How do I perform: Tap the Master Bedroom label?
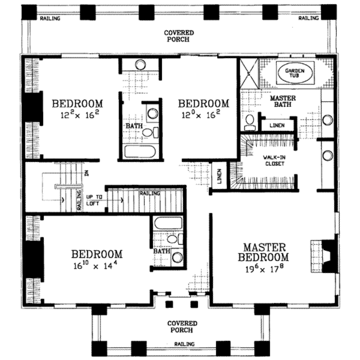tap(263, 252)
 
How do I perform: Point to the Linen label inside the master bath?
tap(277, 126)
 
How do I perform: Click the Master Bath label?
tap(283, 101)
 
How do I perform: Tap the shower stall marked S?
tap(248, 73)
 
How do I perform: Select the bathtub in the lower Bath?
tap(168, 223)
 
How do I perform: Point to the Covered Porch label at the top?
tap(179, 36)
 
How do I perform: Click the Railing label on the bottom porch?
tap(184, 344)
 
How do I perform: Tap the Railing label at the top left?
tap(50, 18)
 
